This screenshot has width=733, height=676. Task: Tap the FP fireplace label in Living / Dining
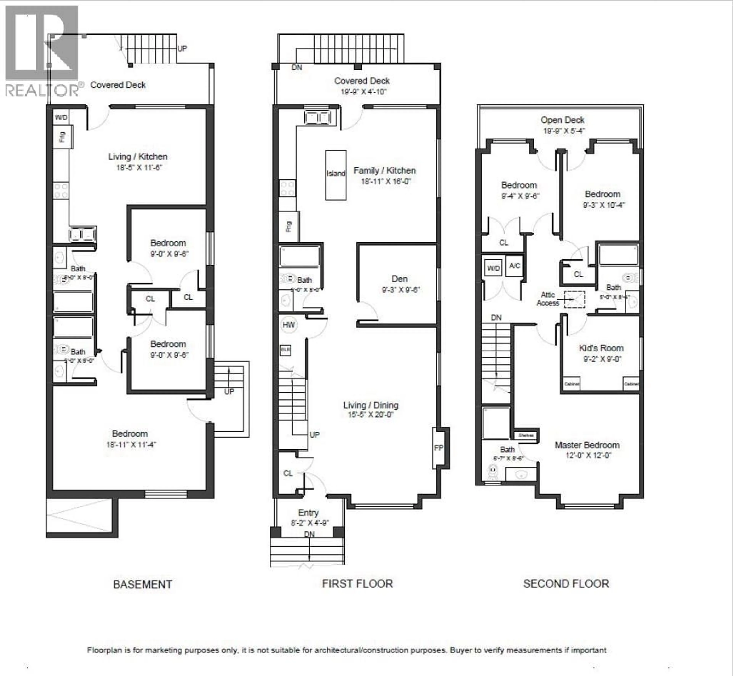pyautogui.click(x=438, y=448)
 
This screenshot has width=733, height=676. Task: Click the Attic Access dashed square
pyautogui.click(x=574, y=299)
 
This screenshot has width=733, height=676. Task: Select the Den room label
pyautogui.click(x=399, y=279)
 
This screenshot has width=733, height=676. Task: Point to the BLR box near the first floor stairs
pyautogui.click(x=285, y=350)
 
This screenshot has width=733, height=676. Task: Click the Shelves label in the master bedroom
pyautogui.click(x=526, y=435)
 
